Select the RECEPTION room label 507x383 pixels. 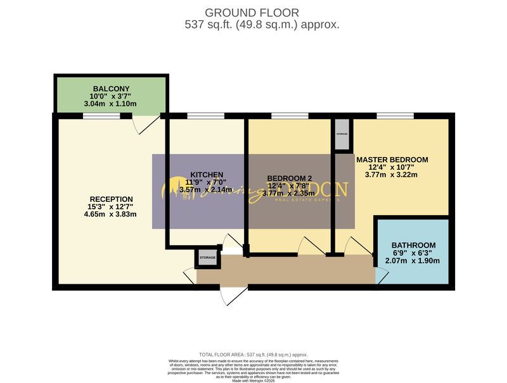tap(111, 198)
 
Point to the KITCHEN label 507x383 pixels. tap(207, 175)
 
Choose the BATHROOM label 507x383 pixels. tap(413, 245)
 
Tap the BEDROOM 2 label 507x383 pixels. tap(290, 177)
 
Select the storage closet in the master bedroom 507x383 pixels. tap(342, 134)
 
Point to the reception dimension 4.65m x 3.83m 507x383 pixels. tap(111, 214)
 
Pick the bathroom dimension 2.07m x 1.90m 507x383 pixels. tap(413, 261)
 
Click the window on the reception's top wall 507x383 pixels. tap(101, 116)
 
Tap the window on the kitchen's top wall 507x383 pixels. tap(205, 116)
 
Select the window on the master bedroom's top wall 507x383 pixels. tap(395, 116)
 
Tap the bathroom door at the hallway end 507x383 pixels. tap(381, 273)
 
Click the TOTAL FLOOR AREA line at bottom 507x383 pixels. tap(253, 355)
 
